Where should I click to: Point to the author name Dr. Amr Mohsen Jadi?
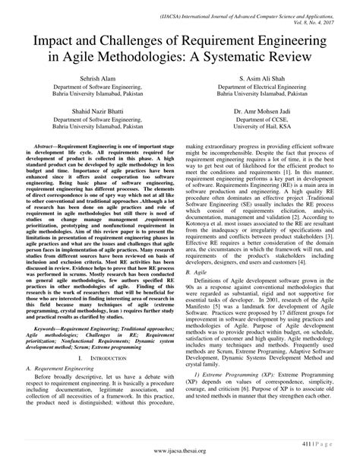coord(267,112)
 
